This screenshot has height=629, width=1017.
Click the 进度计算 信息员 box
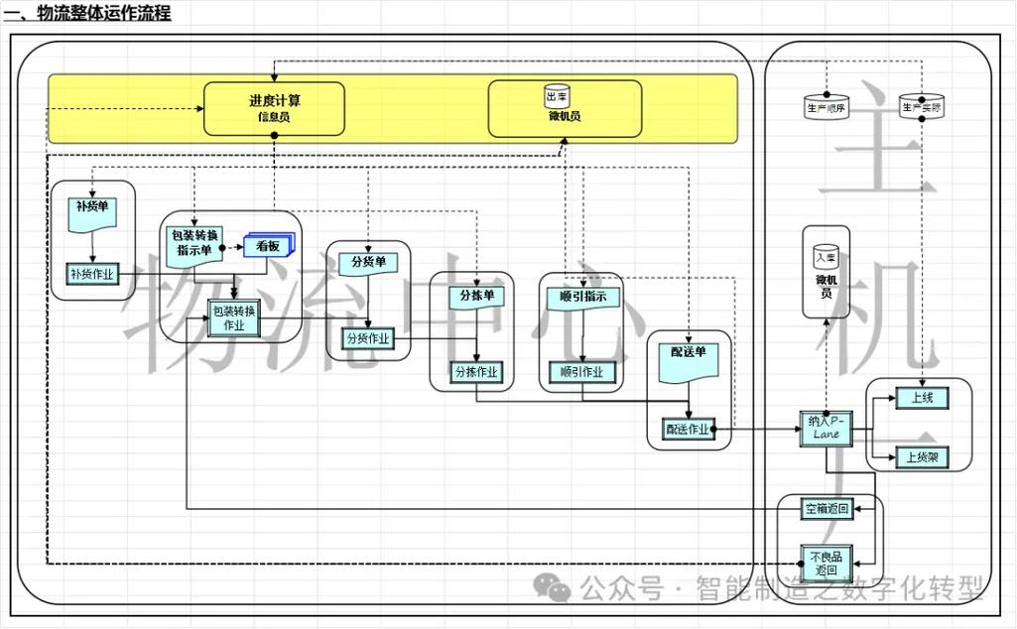point(274,108)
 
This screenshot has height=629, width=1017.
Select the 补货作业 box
point(91,274)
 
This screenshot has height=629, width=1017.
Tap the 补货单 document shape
point(91,212)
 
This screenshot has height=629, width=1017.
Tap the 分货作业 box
point(368,338)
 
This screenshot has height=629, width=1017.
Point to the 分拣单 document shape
point(476,298)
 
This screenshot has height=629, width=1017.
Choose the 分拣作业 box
point(476,372)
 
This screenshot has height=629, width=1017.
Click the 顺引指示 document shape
point(582,298)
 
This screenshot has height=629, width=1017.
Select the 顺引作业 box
point(582,372)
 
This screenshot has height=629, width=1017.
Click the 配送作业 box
point(688,430)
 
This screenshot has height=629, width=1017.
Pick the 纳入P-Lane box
point(825,428)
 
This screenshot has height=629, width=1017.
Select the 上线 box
point(922,398)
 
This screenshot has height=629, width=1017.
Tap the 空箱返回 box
point(826,509)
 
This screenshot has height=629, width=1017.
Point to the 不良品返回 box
point(826,564)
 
